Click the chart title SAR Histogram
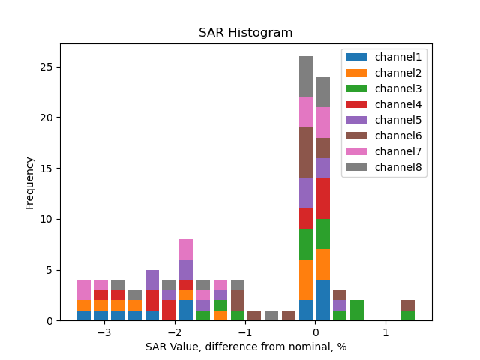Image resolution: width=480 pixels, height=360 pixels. (x=245, y=33)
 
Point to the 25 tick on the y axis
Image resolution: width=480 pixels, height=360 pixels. (x=48, y=67)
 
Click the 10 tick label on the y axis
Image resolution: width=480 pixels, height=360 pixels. (x=48, y=219)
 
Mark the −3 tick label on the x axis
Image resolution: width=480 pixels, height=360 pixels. (x=103, y=332)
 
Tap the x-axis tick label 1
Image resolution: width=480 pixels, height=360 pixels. (x=385, y=332)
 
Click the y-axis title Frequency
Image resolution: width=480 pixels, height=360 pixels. (x=30, y=182)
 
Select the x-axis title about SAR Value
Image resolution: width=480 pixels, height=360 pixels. (x=245, y=346)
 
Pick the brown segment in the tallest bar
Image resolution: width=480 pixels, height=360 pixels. (x=306, y=153)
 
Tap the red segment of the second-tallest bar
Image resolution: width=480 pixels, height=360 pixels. (x=322, y=199)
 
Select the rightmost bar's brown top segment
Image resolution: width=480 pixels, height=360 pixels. (x=407, y=305)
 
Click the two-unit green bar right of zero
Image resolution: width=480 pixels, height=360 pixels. (x=356, y=310)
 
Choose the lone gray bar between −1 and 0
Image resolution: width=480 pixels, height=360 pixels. (x=271, y=316)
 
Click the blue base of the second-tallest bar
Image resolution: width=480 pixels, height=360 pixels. (x=322, y=300)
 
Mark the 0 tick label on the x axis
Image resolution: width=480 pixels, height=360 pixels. (x=315, y=332)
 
